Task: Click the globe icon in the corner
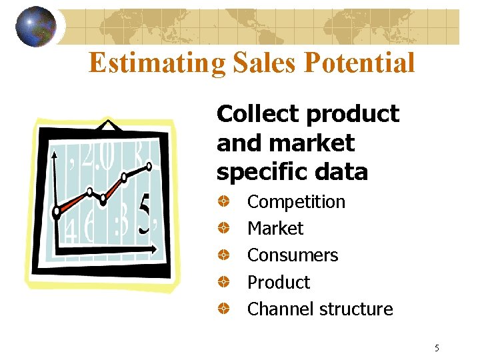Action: point(35,27)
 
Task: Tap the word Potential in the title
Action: point(360,63)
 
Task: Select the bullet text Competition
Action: point(296,202)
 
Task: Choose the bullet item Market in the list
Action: point(275,229)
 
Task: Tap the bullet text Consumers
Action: point(293,255)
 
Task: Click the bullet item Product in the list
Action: point(279,283)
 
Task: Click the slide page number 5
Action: point(437,348)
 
